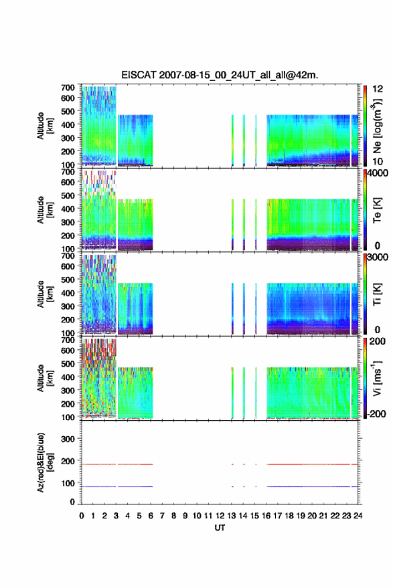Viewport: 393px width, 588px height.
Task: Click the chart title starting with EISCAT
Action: click(x=220, y=75)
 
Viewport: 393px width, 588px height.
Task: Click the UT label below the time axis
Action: click(x=220, y=528)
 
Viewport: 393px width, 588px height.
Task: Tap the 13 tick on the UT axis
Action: click(x=232, y=516)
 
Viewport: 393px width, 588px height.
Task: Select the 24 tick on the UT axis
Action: click(x=358, y=516)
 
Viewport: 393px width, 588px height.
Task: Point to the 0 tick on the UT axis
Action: click(x=82, y=516)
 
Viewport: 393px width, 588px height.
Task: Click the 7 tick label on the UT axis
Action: click(x=162, y=516)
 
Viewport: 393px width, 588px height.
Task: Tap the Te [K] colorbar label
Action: click(x=377, y=210)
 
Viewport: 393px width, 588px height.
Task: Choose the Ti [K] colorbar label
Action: click(x=377, y=294)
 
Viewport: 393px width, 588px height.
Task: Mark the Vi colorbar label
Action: click(x=377, y=378)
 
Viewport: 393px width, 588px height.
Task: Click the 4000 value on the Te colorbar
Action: click(x=378, y=173)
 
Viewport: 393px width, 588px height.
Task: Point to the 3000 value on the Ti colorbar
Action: click(x=378, y=258)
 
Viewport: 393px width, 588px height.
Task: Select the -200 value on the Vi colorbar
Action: click(x=376, y=413)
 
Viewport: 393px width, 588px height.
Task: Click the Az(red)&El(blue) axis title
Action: click(x=45, y=462)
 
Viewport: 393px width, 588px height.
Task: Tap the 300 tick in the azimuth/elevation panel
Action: click(x=68, y=439)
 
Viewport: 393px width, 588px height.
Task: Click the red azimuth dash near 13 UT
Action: click(x=232, y=465)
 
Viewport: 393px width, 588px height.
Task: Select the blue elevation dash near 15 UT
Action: click(x=256, y=487)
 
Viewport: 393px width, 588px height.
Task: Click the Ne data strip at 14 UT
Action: click(x=244, y=140)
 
